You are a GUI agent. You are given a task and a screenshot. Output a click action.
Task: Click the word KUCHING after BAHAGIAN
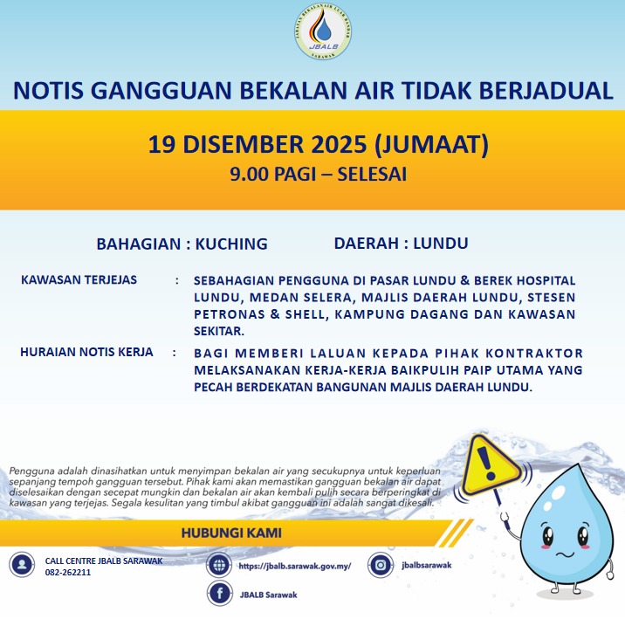(x=231, y=244)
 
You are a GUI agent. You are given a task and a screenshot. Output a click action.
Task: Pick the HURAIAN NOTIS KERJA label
(x=86, y=352)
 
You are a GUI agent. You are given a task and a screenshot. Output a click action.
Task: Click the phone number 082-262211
(x=68, y=573)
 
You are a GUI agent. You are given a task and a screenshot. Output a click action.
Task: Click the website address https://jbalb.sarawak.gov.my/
(x=294, y=566)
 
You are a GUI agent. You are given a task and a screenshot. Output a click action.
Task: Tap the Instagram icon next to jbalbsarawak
(x=380, y=565)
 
